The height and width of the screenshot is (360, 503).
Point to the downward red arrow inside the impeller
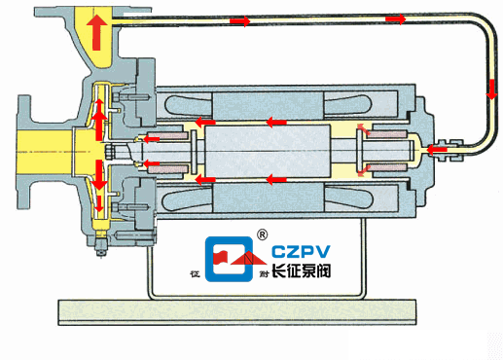99,176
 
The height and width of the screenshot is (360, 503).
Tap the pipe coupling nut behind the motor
450,150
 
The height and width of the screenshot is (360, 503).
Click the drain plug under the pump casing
98,250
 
